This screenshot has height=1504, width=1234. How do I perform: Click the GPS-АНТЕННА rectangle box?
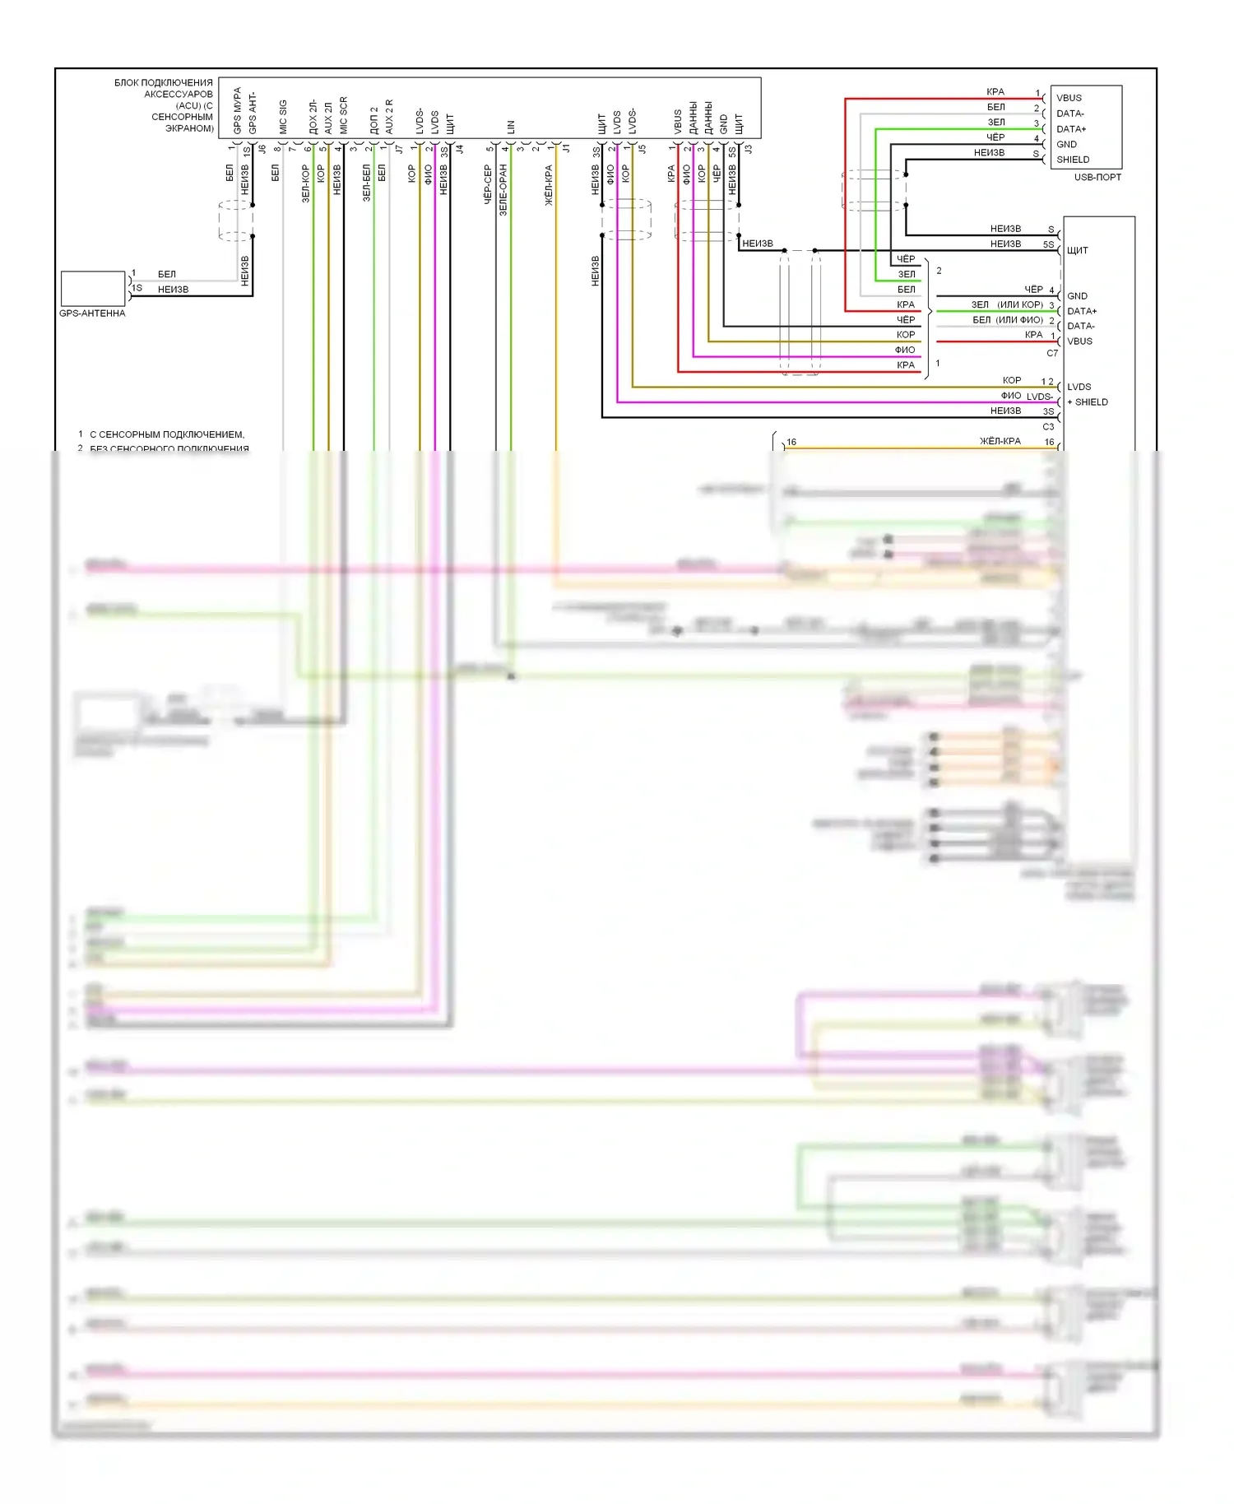pos(93,289)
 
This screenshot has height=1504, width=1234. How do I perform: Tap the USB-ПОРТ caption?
pos(1097,178)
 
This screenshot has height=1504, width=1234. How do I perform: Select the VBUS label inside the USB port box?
pos(1069,98)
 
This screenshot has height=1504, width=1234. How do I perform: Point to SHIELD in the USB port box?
pos(1073,160)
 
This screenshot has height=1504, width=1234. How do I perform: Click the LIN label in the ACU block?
pos(511,127)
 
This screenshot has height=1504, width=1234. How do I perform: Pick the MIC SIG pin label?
pos(283,117)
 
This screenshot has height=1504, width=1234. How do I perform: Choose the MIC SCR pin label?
pos(343,115)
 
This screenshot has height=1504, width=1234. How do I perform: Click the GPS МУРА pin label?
pos(237,111)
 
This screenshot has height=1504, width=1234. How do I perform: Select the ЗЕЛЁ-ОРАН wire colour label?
pos(503,190)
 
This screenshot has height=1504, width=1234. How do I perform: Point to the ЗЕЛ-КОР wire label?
pos(305,183)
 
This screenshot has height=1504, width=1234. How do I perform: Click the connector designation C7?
pos(1052,353)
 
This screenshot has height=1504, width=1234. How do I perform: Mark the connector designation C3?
pos(1048,427)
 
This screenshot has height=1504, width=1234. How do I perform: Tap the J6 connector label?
pos(262,149)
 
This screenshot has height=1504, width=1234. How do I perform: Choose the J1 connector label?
pos(566,149)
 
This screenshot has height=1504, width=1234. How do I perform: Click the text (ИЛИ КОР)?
pos(1020,304)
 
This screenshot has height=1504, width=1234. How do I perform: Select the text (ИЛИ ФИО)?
pos(1020,320)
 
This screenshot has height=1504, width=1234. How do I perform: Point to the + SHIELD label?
pos(1088,402)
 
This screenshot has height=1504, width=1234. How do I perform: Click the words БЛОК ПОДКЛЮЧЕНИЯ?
pos(164,83)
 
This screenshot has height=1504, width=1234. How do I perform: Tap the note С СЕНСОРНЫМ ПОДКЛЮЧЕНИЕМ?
pos(167,434)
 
